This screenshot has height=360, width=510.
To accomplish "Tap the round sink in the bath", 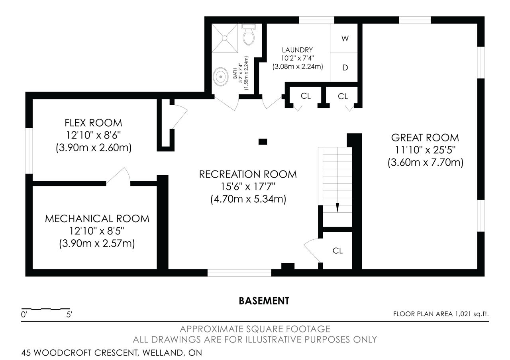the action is point(220,76).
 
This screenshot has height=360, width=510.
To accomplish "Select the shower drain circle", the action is point(225,38).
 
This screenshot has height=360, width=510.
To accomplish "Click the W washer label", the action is point(345,39).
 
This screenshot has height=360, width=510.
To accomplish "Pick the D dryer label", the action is point(345,68).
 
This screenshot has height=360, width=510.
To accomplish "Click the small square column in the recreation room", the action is point(263,142).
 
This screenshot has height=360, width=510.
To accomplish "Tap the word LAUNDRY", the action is point(297,50).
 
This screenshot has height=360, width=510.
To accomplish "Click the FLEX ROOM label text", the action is point(93,123).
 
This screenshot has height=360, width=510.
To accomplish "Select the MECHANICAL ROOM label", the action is point(97,219).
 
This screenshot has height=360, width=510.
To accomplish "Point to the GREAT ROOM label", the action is point(425,138).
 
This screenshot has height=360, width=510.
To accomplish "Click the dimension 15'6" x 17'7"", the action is point(248,187).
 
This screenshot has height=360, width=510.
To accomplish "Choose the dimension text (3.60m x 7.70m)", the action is point(425,162).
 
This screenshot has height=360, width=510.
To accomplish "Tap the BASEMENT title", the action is point(264,301).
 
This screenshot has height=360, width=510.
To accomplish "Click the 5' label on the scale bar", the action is point(69,315).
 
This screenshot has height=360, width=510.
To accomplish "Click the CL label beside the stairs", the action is point(337,251).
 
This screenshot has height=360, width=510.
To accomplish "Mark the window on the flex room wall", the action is point(29,151).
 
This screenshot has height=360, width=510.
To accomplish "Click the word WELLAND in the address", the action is point(163,353).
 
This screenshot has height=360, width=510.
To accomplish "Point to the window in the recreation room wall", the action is point(239,273).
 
